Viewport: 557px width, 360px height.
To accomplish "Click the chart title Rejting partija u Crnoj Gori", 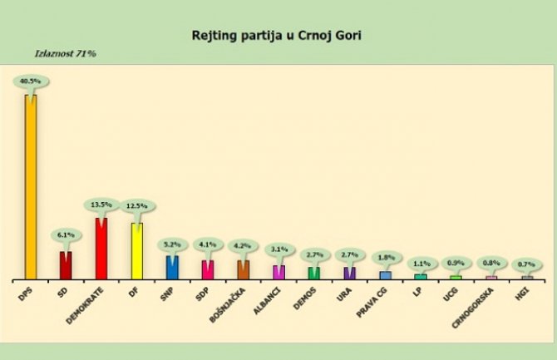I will tap(278, 37).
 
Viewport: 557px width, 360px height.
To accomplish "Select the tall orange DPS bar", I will tap(31, 187).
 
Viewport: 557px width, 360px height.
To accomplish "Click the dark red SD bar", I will tap(66, 264).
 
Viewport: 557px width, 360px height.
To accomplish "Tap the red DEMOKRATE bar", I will tap(101, 248).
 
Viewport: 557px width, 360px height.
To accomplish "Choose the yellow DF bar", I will tap(137, 250).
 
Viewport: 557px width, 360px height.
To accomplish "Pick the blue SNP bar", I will tap(172, 267).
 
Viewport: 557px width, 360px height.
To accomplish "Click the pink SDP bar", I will tap(208, 269).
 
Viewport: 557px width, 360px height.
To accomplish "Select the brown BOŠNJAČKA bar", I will tap(244, 269).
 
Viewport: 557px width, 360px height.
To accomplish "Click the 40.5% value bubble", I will tap(31, 81).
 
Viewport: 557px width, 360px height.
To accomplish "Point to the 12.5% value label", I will tap(137, 206).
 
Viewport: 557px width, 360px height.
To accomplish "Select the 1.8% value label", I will tap(385, 258).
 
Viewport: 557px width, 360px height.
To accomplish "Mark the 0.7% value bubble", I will tap(527, 264).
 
